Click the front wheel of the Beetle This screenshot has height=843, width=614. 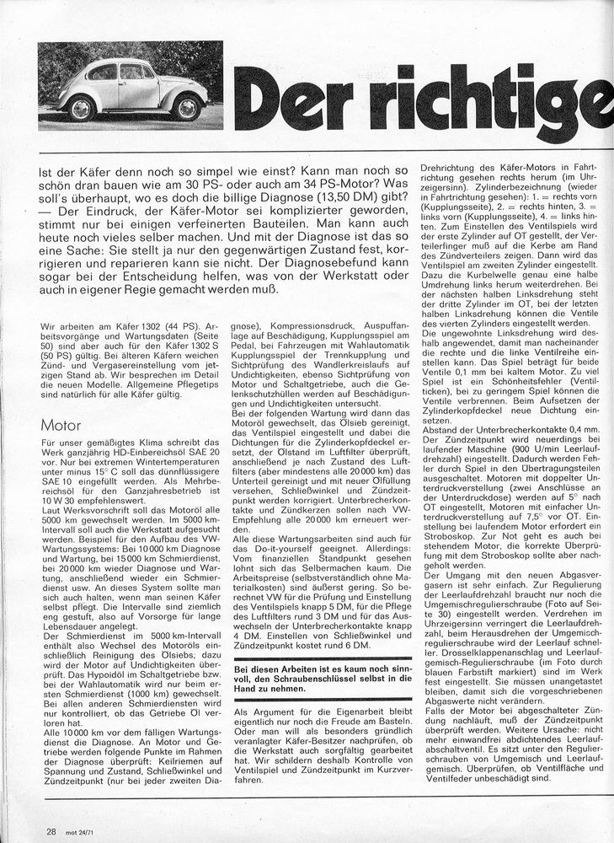click(x=82, y=108)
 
